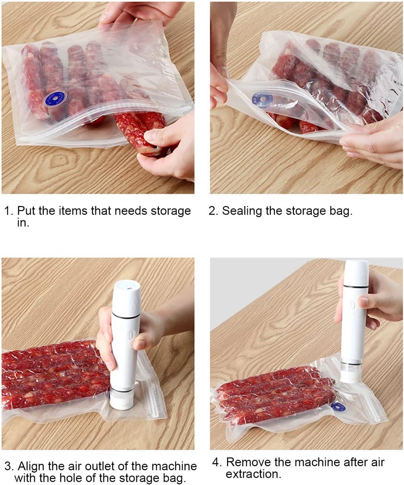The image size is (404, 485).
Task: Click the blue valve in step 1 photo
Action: point(56,99)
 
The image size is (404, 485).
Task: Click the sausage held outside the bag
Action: point(139,131)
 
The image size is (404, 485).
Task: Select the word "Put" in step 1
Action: point(27,211)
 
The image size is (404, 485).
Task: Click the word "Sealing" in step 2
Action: point(242,211)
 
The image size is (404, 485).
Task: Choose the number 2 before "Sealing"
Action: point(212,211)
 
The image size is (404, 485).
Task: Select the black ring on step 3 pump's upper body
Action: point(126,316)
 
